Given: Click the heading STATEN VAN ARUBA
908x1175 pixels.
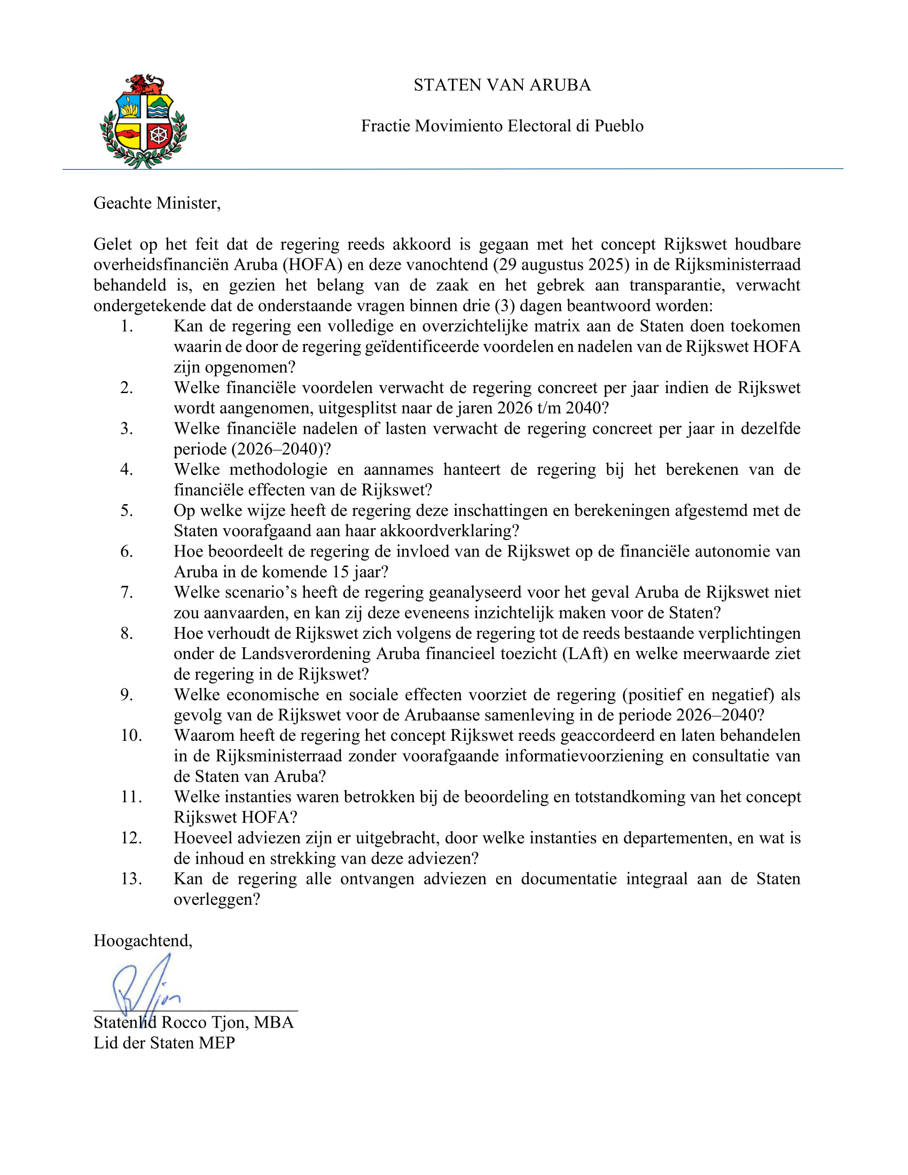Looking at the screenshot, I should point(502,85).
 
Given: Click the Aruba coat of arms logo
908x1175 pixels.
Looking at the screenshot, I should point(143,122).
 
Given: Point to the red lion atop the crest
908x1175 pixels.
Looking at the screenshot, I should point(144,84).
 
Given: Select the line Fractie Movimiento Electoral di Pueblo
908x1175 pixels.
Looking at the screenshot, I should point(502,126).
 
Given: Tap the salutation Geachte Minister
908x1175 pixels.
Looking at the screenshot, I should point(156,203).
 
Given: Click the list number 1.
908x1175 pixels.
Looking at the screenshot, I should point(127,326).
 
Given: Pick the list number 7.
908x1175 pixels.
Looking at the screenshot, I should point(127,592).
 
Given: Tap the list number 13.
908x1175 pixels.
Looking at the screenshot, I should point(131,879).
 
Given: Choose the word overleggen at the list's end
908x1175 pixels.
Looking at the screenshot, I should point(216,899).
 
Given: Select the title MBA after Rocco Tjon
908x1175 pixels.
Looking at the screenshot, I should point(274,1022).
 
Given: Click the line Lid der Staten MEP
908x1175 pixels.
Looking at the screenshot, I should point(164,1043).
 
